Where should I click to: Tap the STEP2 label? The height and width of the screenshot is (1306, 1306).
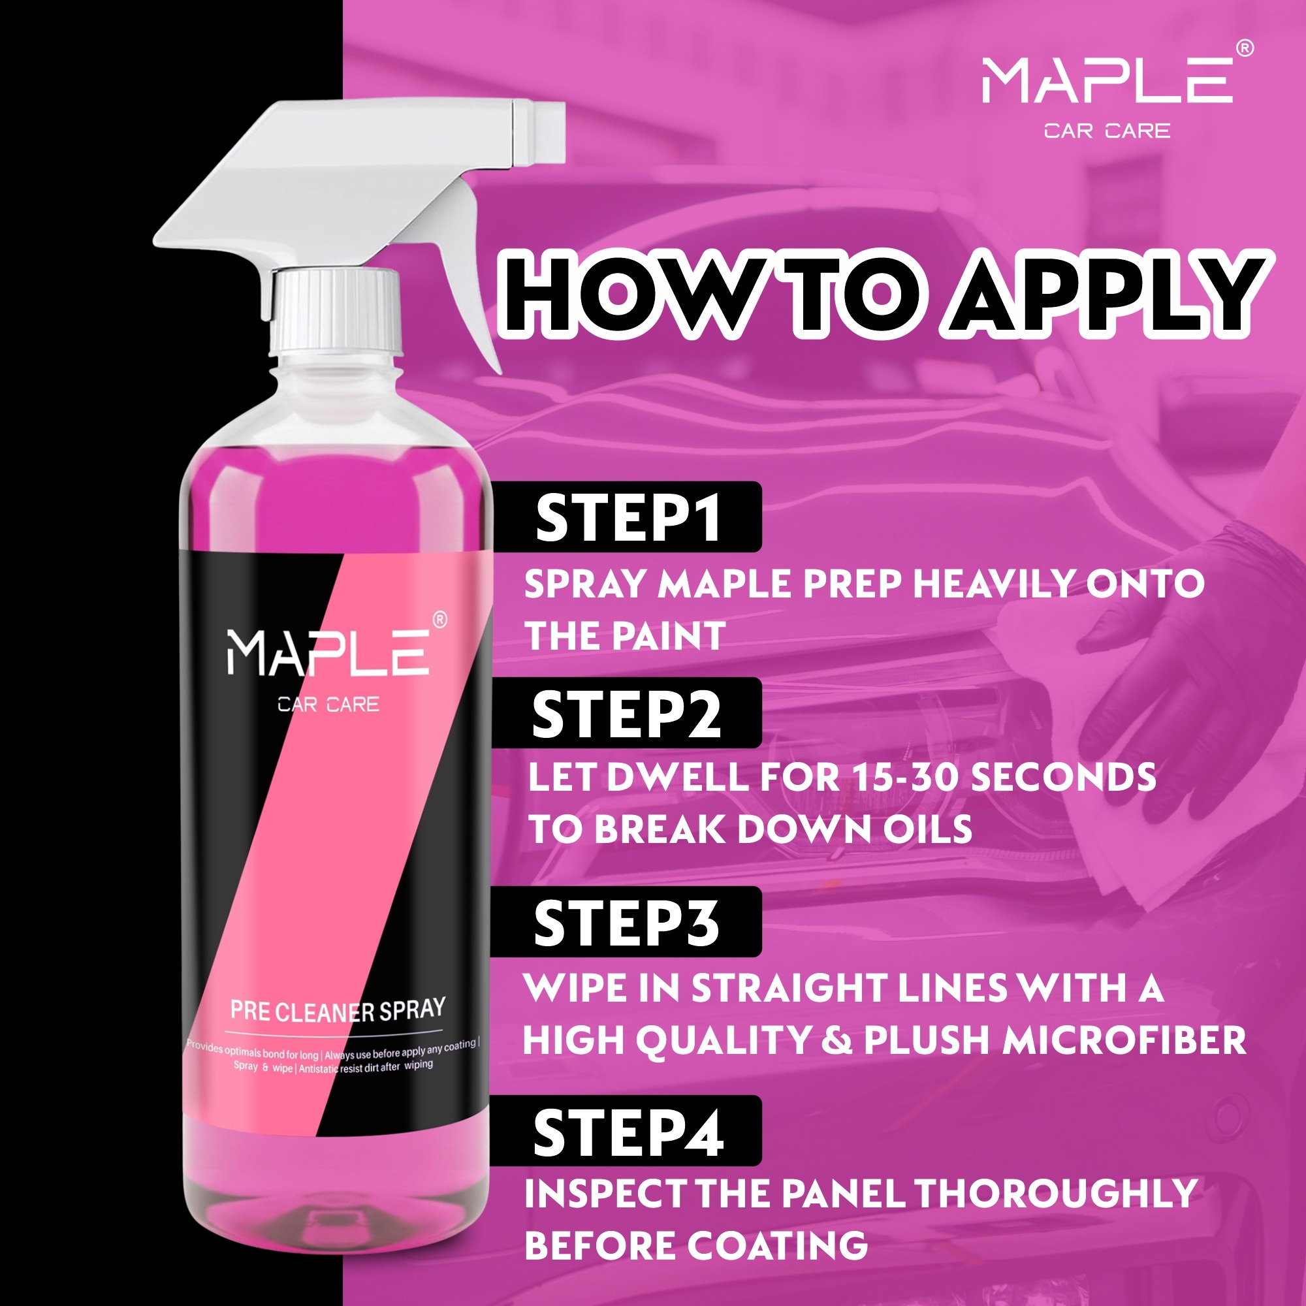tap(627, 714)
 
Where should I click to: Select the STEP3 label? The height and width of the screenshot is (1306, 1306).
tap(627, 923)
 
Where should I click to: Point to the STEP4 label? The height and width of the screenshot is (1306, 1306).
tap(628, 1133)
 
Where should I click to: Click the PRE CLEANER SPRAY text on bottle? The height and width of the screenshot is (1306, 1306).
tap(338, 1010)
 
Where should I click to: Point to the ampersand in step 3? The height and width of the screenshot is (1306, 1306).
tap(838, 1042)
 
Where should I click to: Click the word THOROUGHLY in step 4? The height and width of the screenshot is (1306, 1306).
tap(1056, 1193)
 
